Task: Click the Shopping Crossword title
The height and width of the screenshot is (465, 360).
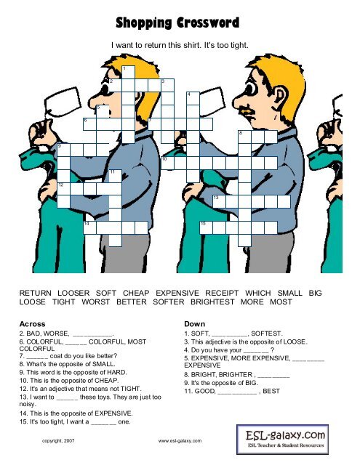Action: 177,23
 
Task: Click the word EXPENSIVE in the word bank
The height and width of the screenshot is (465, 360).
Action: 177,293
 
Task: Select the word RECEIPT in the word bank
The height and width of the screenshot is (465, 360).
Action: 222,293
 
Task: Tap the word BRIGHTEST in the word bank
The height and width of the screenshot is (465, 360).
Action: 212,302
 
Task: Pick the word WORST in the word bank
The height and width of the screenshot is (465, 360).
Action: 95,302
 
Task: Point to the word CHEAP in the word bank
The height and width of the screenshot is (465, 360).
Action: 136,293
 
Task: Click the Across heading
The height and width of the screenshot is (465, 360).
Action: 32,324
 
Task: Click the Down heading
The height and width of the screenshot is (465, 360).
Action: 194,324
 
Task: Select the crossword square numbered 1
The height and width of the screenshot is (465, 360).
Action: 128,72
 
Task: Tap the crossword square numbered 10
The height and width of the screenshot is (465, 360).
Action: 167,163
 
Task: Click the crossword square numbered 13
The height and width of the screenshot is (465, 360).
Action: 220,202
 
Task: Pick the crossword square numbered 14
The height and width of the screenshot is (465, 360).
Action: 90,227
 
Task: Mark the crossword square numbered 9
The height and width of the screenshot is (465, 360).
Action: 63,150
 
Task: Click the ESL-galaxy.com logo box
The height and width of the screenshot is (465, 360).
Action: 282,440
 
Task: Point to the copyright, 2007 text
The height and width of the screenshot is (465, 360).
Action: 58,441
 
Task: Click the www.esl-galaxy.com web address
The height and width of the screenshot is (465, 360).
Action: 180,441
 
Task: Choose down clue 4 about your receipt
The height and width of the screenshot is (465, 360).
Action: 229,350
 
